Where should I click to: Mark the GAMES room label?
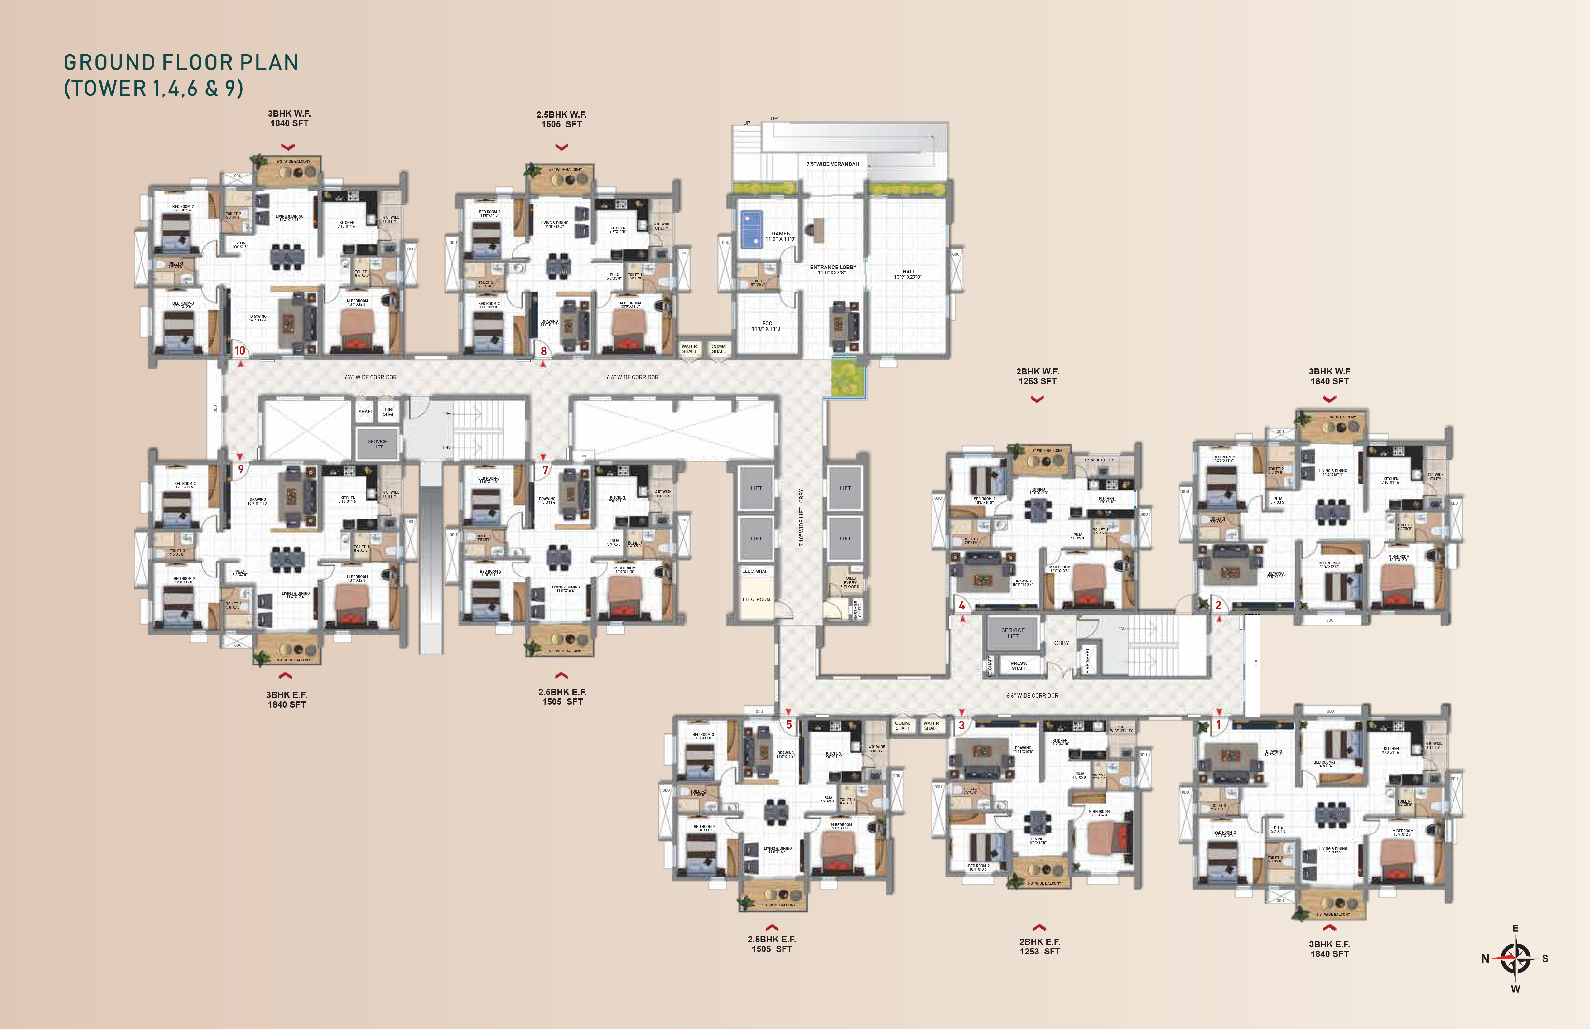[x=780, y=236]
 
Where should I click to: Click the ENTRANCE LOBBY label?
[x=832, y=269]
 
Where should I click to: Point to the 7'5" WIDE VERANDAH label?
[x=832, y=164]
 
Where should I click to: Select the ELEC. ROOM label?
[x=756, y=599]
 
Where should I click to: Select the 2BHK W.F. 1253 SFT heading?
[x=1037, y=376]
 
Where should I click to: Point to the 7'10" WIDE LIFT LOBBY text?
[x=802, y=518]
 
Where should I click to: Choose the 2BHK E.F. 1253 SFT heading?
[x=1039, y=946]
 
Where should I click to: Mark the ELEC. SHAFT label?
[x=756, y=571]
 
